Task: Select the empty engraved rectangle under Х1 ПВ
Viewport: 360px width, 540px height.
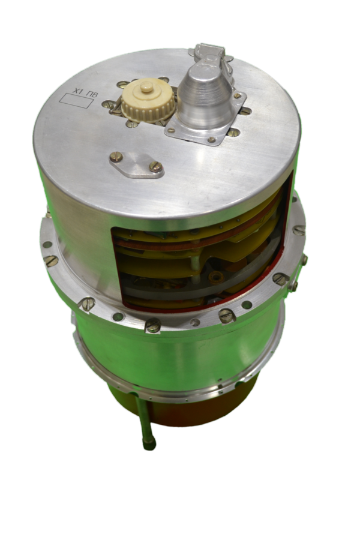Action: [76, 102]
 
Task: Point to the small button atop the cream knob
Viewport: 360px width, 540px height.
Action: [147, 88]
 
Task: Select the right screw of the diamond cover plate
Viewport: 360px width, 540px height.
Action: [156, 167]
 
